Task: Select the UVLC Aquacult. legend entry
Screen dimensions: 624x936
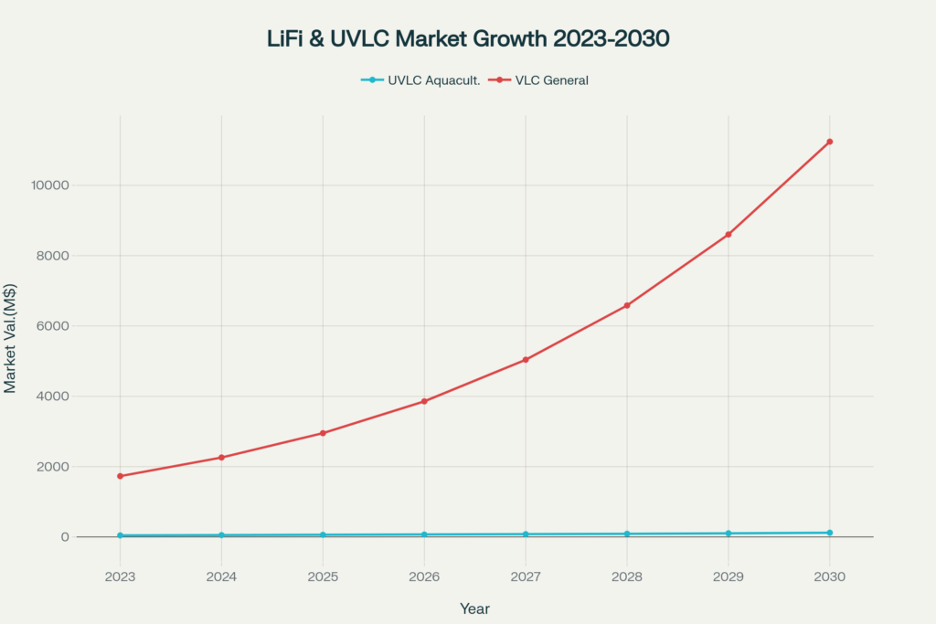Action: pyautogui.click(x=421, y=80)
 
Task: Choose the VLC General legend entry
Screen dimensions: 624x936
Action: pyautogui.click(x=538, y=80)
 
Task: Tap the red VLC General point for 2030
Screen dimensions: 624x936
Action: pyautogui.click(x=829, y=142)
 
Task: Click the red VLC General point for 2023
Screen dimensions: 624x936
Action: pyautogui.click(x=120, y=476)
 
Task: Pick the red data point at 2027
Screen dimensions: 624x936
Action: pyautogui.click(x=526, y=360)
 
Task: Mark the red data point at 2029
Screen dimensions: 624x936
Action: pyautogui.click(x=729, y=235)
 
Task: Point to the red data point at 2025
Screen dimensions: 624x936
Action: pyautogui.click(x=323, y=433)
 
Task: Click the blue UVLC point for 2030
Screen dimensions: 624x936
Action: pyautogui.click(x=829, y=533)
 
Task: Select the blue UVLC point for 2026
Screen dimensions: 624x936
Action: pyautogui.click(x=424, y=534)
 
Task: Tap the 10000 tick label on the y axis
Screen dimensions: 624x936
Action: pyautogui.click(x=50, y=185)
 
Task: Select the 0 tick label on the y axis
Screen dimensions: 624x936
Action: pyautogui.click(x=65, y=537)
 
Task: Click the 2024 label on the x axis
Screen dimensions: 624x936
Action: pyautogui.click(x=221, y=577)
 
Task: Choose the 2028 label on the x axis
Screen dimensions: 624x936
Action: pyautogui.click(x=627, y=577)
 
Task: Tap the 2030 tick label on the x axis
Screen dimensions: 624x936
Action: pyautogui.click(x=829, y=577)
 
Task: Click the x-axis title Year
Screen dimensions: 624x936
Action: pyautogui.click(x=474, y=608)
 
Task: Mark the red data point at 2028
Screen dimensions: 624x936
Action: pyautogui.click(x=627, y=305)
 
